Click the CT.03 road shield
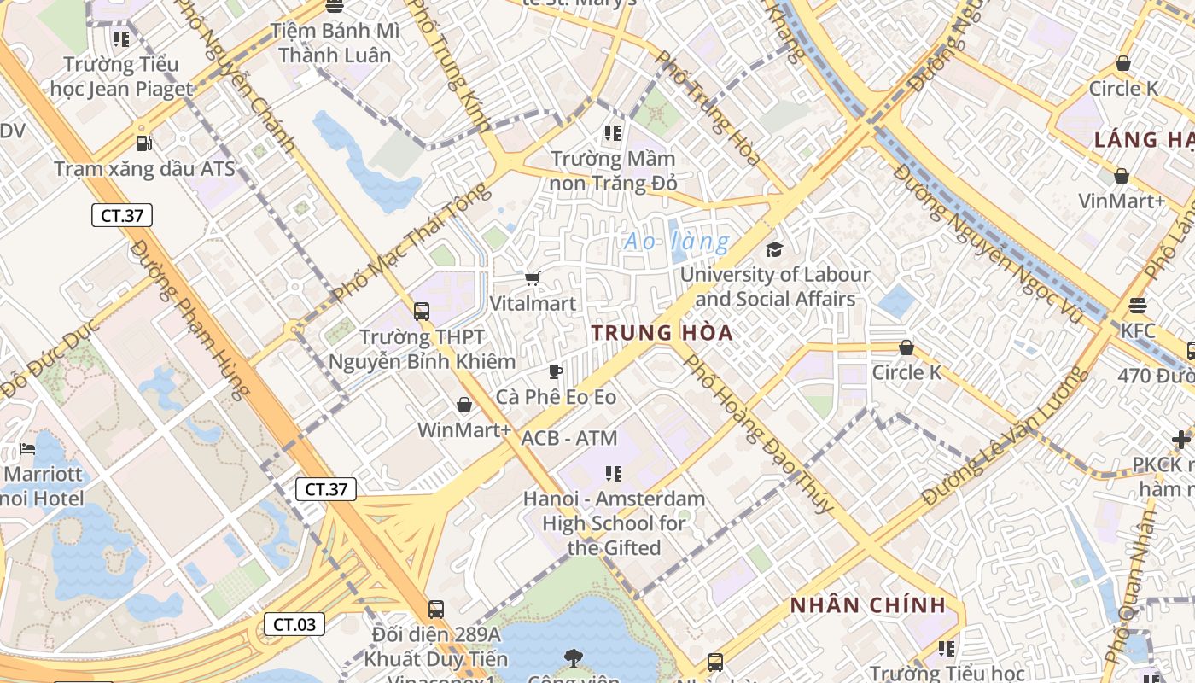pos(294,624)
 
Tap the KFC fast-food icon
pos(1137,306)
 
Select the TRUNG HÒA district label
pos(662,333)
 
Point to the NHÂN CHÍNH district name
pos(867,605)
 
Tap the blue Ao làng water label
pos(677,242)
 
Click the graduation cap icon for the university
pos(774,249)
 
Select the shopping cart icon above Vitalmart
pos(533,278)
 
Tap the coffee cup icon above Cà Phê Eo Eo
pos(556,371)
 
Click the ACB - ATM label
pos(568,438)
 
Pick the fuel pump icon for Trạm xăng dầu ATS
pos(144,143)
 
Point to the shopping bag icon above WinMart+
pos(464,405)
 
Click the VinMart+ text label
pos(1121,201)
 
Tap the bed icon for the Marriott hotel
pos(27,449)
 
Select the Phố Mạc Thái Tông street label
pos(411,242)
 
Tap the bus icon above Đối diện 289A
pos(435,610)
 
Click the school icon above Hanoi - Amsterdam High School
pos(613,473)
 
